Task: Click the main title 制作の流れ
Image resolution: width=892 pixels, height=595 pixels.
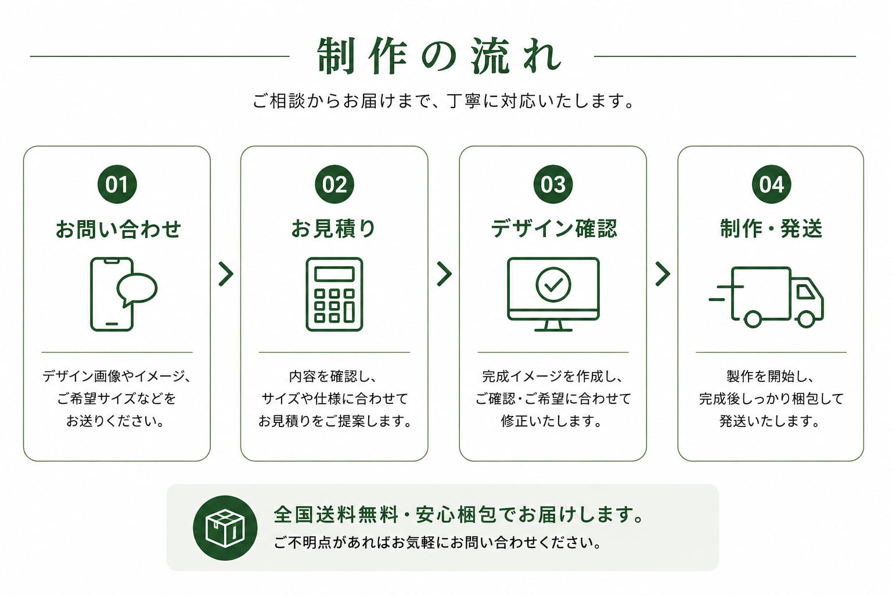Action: pyautogui.click(x=440, y=56)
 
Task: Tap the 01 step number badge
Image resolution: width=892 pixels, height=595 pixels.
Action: pyautogui.click(x=117, y=184)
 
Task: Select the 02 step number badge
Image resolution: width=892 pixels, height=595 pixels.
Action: pyautogui.click(x=334, y=184)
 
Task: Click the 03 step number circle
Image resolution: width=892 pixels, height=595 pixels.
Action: pyautogui.click(x=553, y=184)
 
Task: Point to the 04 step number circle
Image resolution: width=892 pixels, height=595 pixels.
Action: pyautogui.click(x=771, y=184)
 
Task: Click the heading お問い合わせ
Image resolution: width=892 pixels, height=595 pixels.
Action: pyautogui.click(x=118, y=229)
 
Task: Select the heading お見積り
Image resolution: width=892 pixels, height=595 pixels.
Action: pyautogui.click(x=334, y=229)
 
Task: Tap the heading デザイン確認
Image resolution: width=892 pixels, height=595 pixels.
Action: pyautogui.click(x=554, y=229)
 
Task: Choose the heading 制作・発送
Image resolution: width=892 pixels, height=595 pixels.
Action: pyautogui.click(x=771, y=229)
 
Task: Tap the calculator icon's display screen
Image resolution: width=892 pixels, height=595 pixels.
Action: pyautogui.click(x=334, y=274)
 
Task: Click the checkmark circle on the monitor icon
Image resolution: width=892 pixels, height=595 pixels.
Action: pyautogui.click(x=553, y=285)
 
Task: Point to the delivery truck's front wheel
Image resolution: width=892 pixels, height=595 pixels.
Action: pyautogui.click(x=806, y=319)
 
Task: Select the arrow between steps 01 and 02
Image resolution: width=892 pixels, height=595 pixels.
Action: pyautogui.click(x=226, y=274)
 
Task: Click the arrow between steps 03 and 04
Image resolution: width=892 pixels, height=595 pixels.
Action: pyautogui.click(x=663, y=274)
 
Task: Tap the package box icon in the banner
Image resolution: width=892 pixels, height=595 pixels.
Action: pyautogui.click(x=225, y=528)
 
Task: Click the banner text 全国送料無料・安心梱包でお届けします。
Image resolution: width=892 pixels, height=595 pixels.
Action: pyautogui.click(x=458, y=514)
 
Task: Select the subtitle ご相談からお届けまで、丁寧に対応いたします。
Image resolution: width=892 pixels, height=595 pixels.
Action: pyautogui.click(x=443, y=101)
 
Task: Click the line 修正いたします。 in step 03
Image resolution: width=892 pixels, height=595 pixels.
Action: pyautogui.click(x=552, y=421)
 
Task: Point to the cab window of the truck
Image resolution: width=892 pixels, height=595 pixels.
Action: pyautogui.click(x=805, y=292)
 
